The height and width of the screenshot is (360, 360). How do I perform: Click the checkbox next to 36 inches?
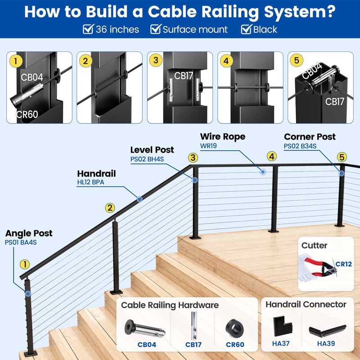88,30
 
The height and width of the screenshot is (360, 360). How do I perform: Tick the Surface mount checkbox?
155,30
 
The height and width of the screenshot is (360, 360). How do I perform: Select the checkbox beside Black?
246,30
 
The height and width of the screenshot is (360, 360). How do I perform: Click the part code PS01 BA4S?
21,243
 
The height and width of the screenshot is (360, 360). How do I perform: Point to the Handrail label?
96,173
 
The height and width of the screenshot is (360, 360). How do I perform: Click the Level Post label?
152,150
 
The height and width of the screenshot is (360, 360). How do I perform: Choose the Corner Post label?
310,137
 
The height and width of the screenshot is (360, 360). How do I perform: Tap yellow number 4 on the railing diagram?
271,157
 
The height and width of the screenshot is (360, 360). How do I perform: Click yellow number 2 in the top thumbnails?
85,61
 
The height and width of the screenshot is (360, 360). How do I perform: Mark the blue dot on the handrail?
139,198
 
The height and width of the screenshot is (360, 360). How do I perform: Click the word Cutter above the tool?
314,245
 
